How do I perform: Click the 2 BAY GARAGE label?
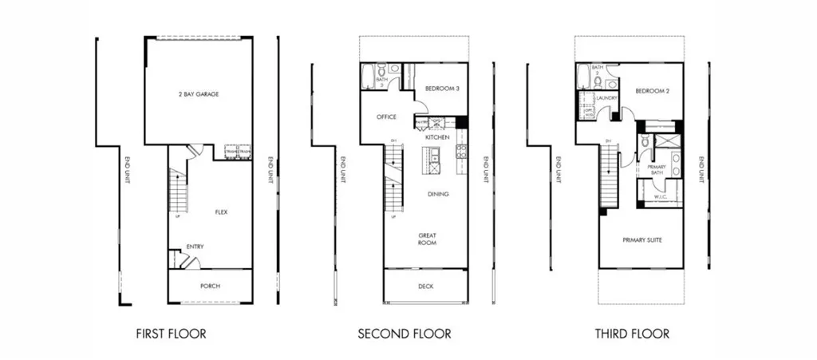tap(199, 94)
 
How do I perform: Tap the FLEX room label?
tap(223, 212)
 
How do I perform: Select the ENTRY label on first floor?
tap(195, 247)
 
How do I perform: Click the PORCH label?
tap(210, 286)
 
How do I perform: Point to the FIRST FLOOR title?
tap(171, 334)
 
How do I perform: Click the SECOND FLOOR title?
tap(404, 334)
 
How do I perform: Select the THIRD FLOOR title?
tap(632, 334)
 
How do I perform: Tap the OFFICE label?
tap(386, 117)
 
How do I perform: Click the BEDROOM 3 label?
tap(441, 89)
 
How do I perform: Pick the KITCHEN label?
tap(437, 138)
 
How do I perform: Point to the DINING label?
tap(437, 194)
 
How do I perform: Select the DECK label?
tap(426, 286)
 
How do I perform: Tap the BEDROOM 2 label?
tap(652, 91)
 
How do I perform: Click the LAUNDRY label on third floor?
tap(608, 99)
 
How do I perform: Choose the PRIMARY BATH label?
tap(656, 169)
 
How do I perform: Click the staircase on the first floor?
tap(178, 192)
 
